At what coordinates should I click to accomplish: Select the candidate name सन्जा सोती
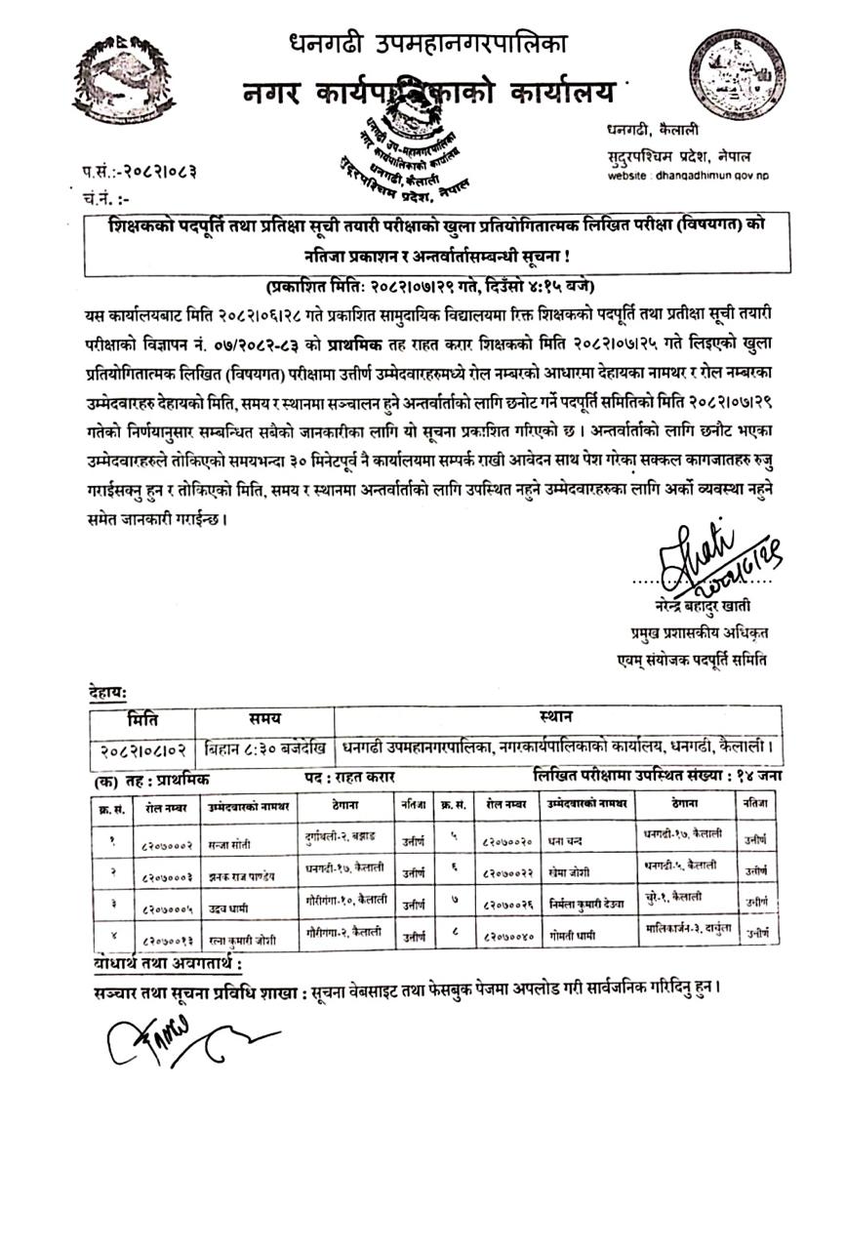tap(232, 842)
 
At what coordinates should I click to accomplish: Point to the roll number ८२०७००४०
tap(507, 937)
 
